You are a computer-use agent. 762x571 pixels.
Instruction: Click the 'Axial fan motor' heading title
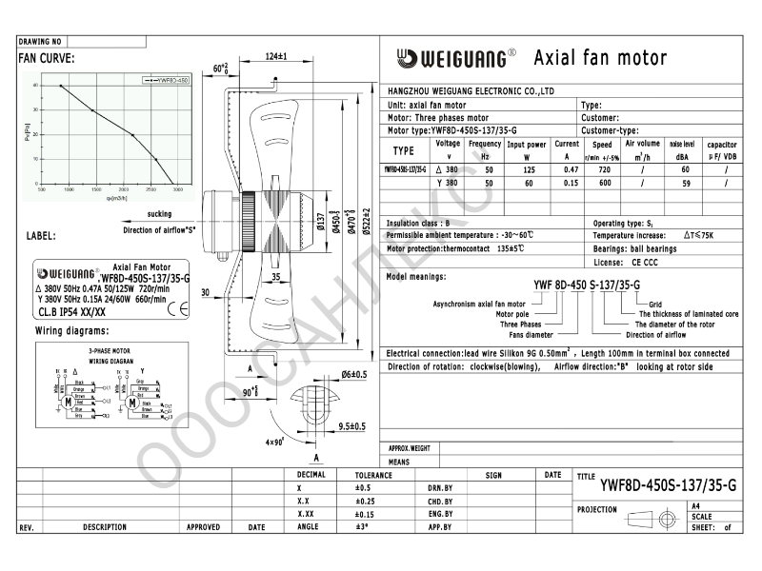(600, 58)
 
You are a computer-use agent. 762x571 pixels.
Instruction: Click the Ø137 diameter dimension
(317, 225)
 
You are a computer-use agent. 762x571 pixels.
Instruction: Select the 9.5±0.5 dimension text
(351, 426)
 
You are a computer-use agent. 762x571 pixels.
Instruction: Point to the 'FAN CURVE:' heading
(46, 58)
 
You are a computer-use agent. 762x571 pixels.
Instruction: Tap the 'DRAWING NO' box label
(40, 43)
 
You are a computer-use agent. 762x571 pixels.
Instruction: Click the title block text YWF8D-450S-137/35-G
(669, 486)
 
